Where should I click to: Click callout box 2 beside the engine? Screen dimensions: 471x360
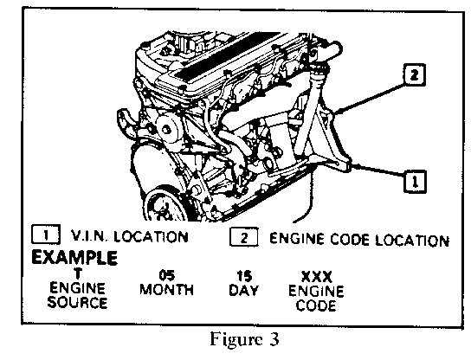[x=414, y=74]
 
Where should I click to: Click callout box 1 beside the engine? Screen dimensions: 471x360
[x=415, y=182]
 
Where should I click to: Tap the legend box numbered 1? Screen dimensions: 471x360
[x=46, y=235]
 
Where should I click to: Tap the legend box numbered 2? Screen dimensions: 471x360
[x=243, y=237]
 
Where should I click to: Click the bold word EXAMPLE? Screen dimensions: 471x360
[x=74, y=257]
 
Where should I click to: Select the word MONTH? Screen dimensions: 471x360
[x=166, y=289]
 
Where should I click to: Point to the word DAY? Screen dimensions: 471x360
[x=243, y=290]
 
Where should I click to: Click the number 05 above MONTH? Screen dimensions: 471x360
[x=167, y=275]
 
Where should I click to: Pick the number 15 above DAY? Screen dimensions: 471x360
[x=244, y=276]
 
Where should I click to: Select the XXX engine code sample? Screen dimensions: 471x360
[x=317, y=277]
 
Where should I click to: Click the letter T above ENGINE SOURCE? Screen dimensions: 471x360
[x=78, y=273]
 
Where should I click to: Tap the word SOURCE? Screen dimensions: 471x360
[x=77, y=302]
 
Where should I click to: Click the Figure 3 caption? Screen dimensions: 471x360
[x=244, y=339]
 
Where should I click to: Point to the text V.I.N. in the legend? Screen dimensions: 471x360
[x=89, y=236]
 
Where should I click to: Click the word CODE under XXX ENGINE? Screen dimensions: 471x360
[x=315, y=305]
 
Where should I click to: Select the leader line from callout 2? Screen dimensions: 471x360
[x=369, y=99]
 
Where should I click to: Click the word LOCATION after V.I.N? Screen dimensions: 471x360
[x=151, y=236]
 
